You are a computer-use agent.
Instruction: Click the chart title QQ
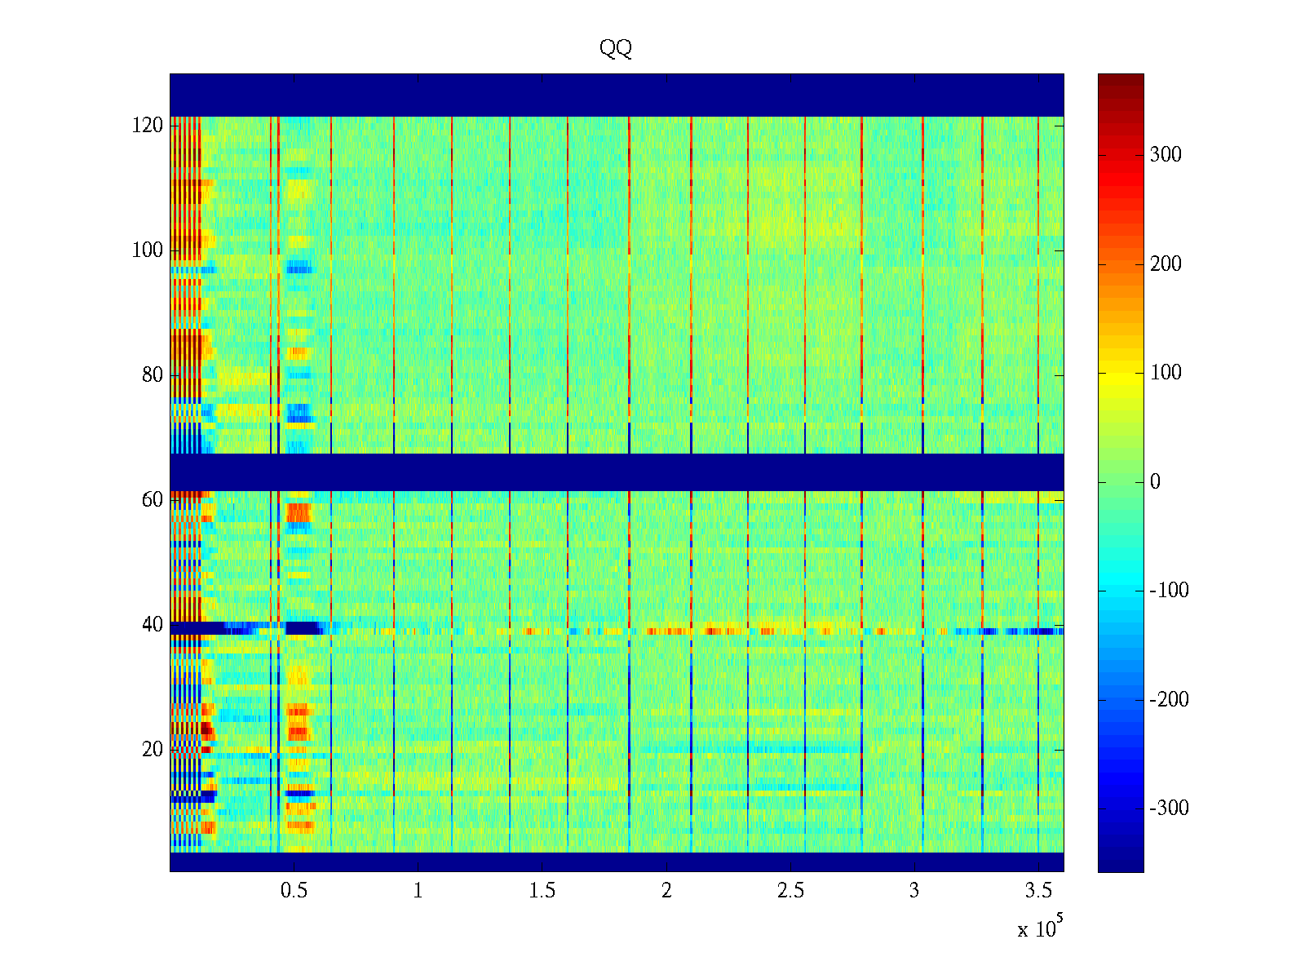coord(615,49)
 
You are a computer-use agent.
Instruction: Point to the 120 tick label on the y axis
coord(148,126)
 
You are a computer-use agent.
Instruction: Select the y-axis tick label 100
coord(148,250)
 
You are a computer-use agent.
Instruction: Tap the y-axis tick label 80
coord(153,375)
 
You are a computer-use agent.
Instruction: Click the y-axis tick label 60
coord(153,500)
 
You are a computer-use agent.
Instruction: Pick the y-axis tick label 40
coord(153,625)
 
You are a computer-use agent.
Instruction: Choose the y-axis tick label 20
coord(153,750)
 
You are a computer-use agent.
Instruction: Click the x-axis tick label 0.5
coord(294,891)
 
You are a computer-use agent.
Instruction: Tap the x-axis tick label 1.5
coord(542,891)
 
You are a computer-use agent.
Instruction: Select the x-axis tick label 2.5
coord(790,891)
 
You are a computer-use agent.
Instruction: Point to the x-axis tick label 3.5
coord(1038,891)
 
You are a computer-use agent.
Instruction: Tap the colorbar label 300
coord(1166,155)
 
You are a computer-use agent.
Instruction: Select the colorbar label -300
coord(1169,808)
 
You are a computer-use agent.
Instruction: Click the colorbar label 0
coord(1155,482)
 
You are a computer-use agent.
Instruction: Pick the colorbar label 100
coord(1166,373)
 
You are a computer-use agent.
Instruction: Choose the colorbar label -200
coord(1169,699)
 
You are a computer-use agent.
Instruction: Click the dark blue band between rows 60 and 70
coord(617,472)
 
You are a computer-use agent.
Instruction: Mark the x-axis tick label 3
coord(914,891)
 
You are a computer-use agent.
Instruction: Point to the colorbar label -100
coord(1169,591)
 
